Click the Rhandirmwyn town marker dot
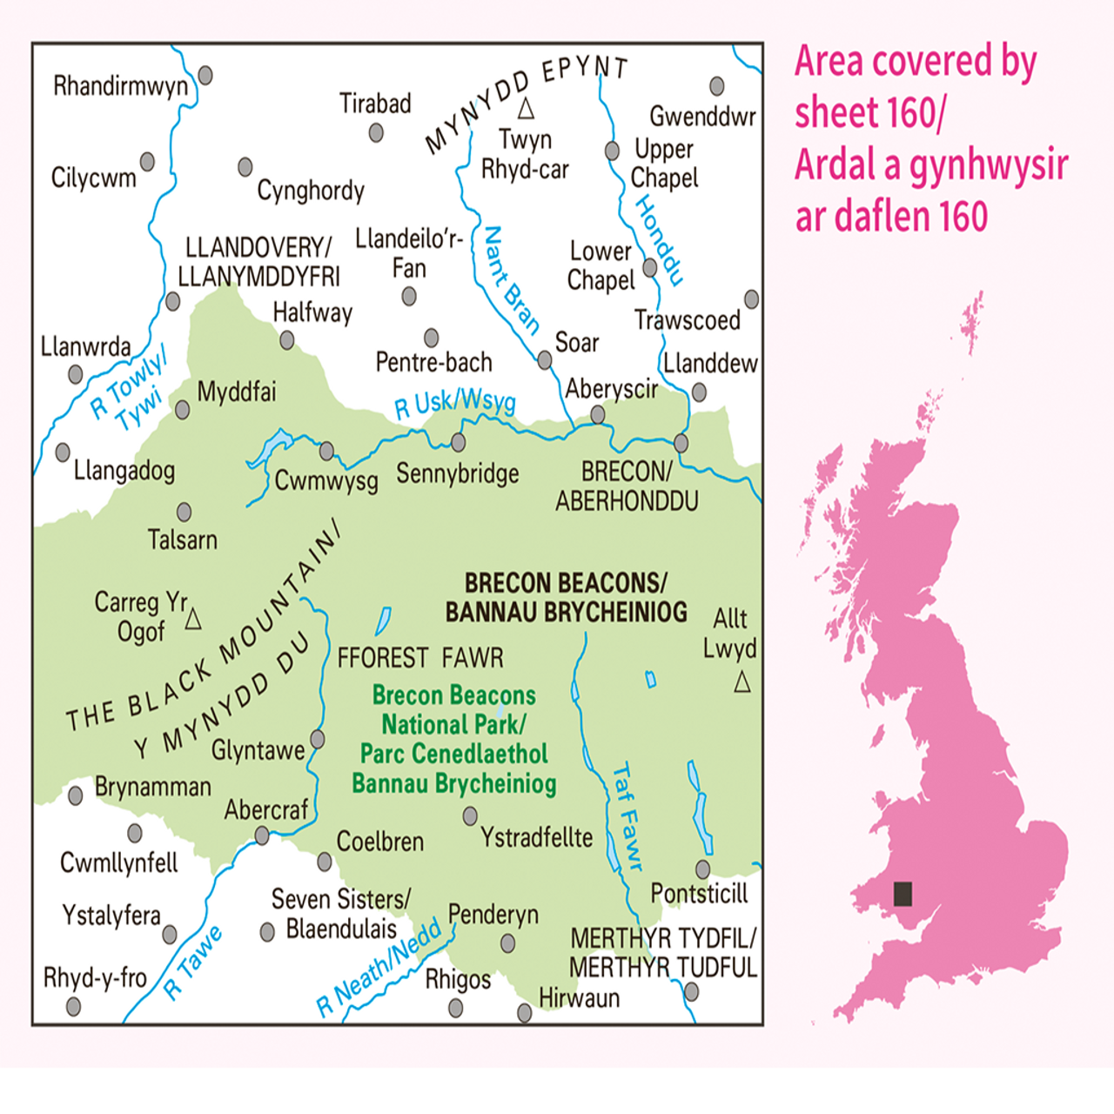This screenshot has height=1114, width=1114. click(205, 75)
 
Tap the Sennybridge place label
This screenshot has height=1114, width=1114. click(457, 473)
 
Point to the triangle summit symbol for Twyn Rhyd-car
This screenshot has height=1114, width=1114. click(526, 109)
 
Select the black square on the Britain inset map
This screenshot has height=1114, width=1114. click(903, 894)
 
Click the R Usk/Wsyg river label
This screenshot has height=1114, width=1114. click(454, 403)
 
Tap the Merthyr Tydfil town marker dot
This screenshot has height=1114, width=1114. click(691, 991)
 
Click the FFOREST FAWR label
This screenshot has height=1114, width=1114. click(420, 657)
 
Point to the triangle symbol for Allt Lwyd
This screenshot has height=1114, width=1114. click(742, 681)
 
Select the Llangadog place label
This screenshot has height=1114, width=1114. click(124, 471)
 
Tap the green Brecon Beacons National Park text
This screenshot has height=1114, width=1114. click(453, 739)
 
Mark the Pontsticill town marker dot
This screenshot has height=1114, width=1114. click(702, 869)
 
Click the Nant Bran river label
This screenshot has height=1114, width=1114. click(511, 280)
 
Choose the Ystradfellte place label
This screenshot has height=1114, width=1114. click(536, 837)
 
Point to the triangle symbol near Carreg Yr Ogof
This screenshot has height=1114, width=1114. click(193, 619)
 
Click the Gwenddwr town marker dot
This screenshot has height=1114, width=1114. click(716, 85)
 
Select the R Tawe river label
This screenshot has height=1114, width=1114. click(193, 963)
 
